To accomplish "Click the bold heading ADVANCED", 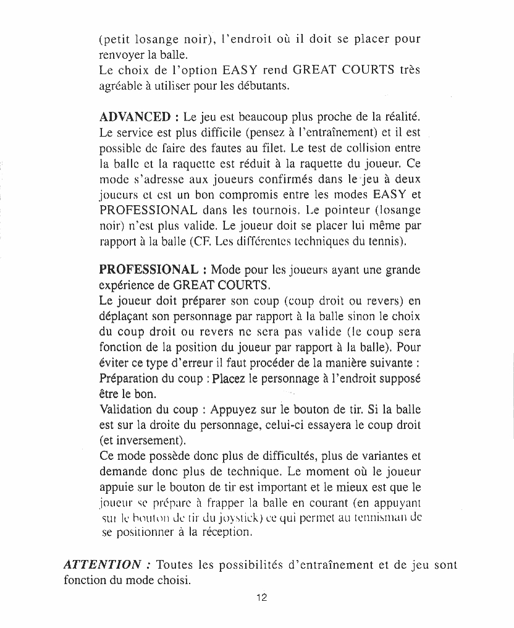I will [x=135, y=116].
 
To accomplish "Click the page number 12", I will [x=261, y=598].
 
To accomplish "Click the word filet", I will [x=269, y=148].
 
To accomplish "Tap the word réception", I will [x=227, y=531].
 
